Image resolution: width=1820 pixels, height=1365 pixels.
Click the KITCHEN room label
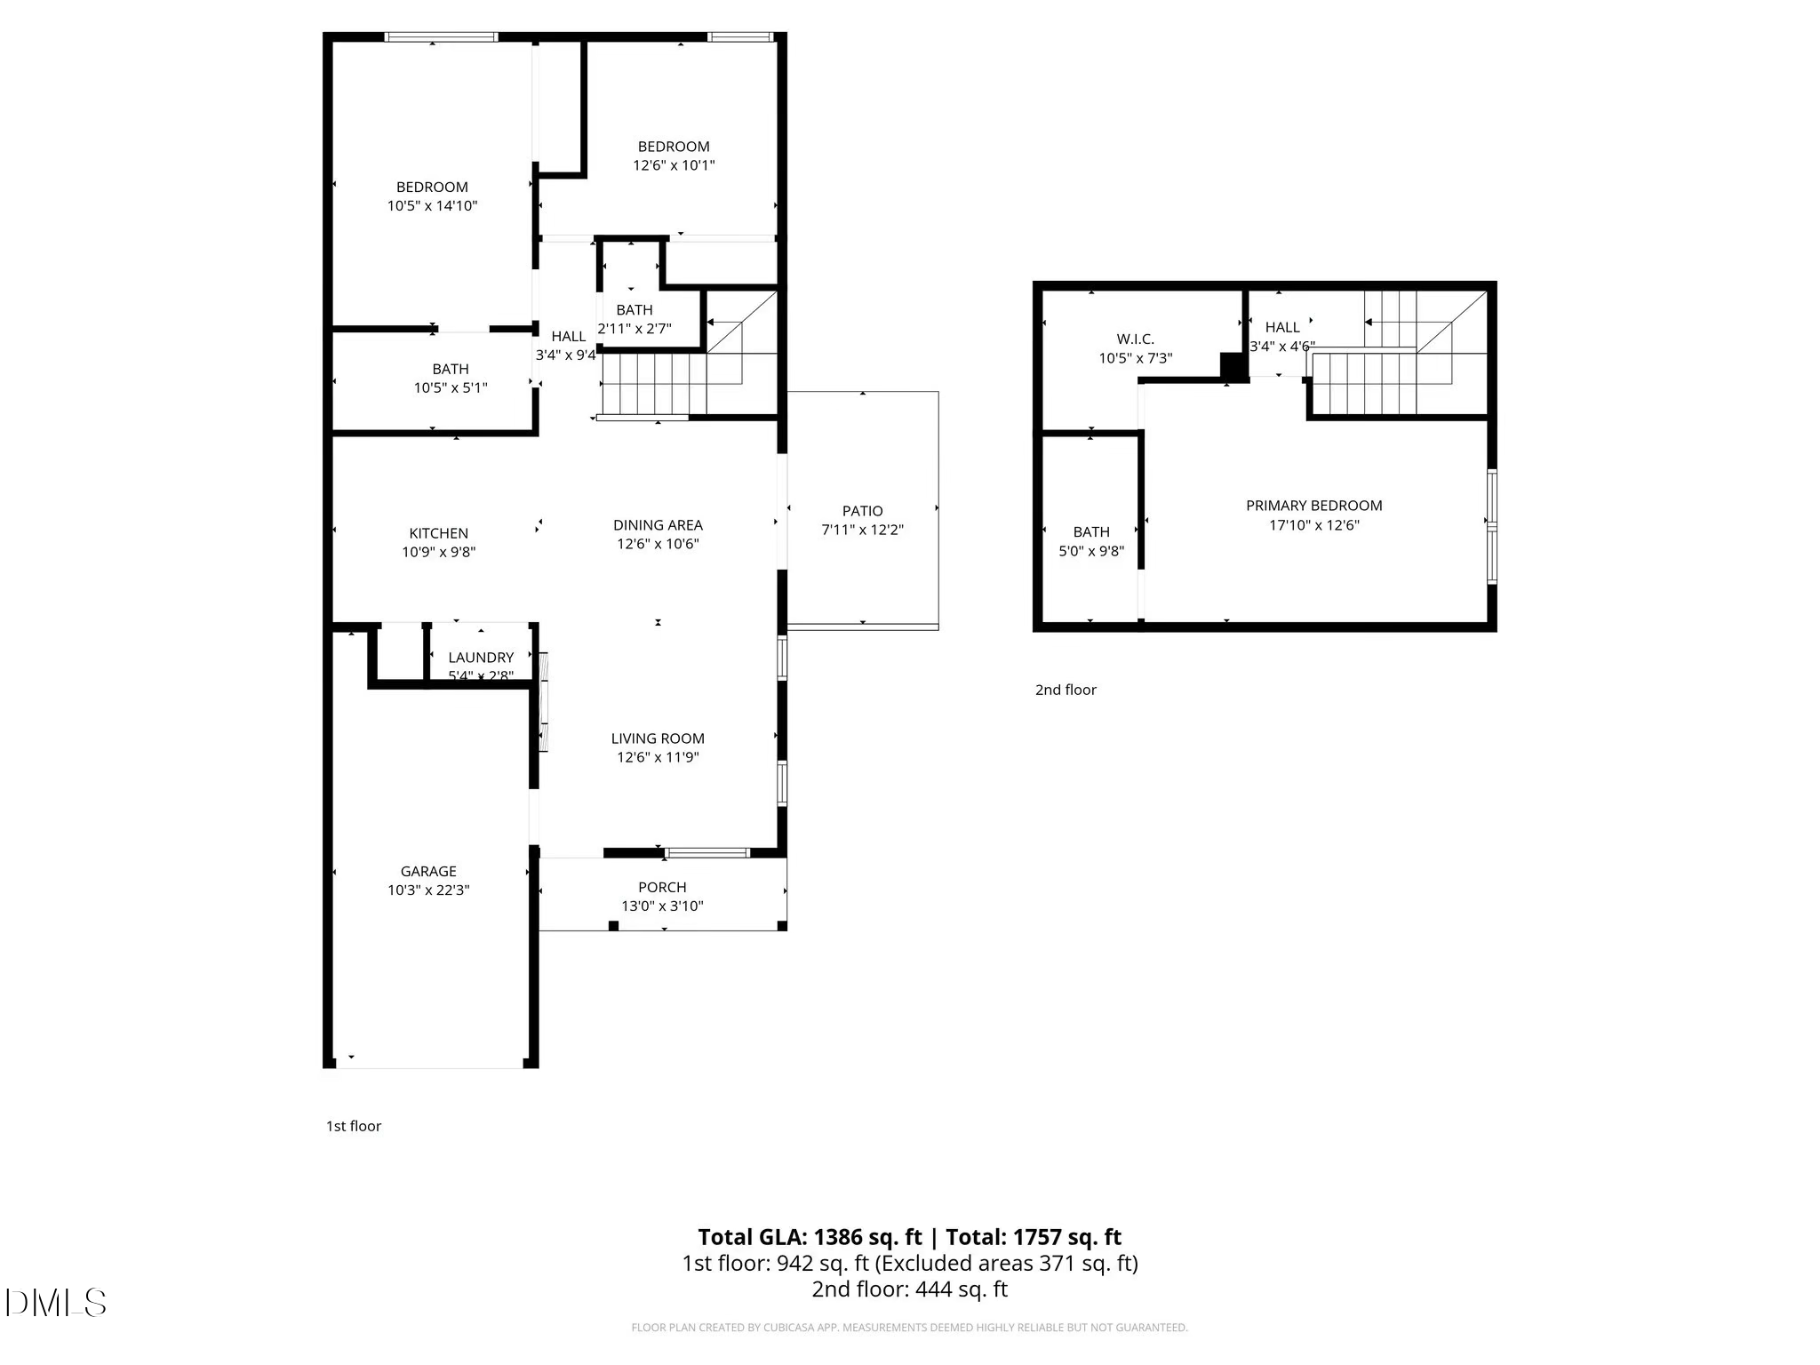tap(438, 533)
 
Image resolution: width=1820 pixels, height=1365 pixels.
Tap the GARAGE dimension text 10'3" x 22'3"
tap(428, 890)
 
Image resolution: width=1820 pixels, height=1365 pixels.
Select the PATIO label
tap(862, 511)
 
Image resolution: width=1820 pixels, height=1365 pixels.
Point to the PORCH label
tap(662, 887)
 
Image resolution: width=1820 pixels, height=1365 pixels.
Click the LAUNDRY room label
tap(481, 658)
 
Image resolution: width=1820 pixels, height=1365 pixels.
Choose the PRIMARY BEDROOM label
tap(1313, 506)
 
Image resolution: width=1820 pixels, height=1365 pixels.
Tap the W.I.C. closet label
tap(1135, 339)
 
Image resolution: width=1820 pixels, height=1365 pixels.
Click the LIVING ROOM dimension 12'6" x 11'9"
tap(658, 757)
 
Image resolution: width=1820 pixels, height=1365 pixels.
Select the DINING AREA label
tap(658, 525)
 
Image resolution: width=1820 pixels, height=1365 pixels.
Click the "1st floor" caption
tap(354, 1126)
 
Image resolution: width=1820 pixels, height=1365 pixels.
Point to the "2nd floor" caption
tap(1066, 690)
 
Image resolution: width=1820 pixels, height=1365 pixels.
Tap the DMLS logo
tap(55, 1303)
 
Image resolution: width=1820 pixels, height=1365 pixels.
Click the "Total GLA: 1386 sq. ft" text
tap(810, 1237)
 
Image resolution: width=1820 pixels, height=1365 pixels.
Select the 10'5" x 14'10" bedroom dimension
tap(432, 205)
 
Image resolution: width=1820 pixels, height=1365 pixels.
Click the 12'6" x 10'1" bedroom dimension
tap(674, 165)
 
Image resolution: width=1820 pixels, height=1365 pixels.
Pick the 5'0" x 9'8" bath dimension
tap(1091, 551)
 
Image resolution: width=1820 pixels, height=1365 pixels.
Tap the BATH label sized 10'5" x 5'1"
tap(451, 369)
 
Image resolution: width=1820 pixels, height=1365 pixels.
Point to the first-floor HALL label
tap(568, 336)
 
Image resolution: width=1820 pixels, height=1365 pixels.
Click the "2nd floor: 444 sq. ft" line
tap(909, 1289)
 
